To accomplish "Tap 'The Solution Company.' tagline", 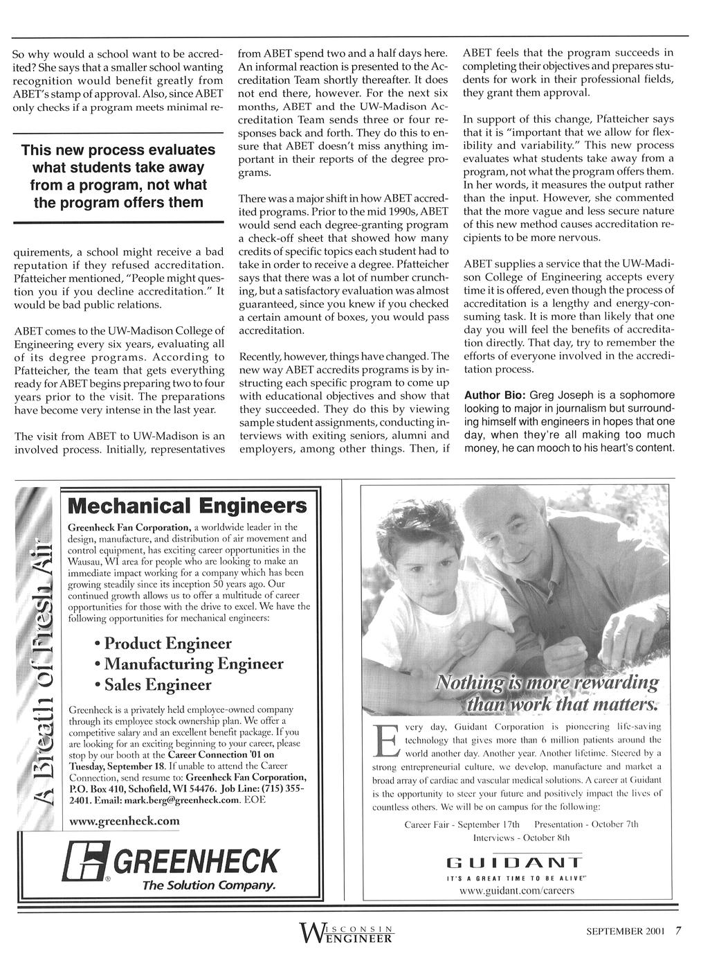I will coord(209,886).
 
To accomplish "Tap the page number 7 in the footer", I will coord(679,931).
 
